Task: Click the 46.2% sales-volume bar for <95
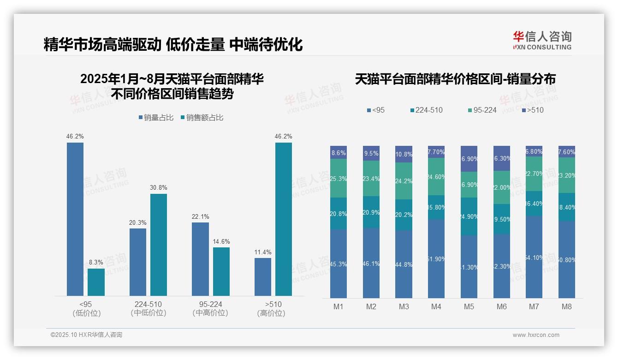pos(75,219)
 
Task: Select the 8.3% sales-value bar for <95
pos(96,282)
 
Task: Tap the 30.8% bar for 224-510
pos(159,245)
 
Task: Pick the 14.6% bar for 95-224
pos(221,271)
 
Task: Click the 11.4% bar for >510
pos(263,277)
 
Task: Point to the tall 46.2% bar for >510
pos(284,219)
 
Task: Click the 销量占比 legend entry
pos(156,118)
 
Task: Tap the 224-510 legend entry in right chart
pos(426,110)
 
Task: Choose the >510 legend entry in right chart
pos(533,110)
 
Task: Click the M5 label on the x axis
pos(469,306)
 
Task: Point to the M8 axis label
pos(567,306)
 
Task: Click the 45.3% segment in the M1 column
pos(339,264)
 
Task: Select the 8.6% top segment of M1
pos(339,152)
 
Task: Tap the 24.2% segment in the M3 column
pos(404,181)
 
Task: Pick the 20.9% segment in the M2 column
pos(371,212)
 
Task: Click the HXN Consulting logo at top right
pos(542,41)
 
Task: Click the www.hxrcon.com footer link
pos(536,335)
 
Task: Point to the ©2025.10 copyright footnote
pos(87,335)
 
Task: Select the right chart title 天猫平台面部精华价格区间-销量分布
pos(455,79)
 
